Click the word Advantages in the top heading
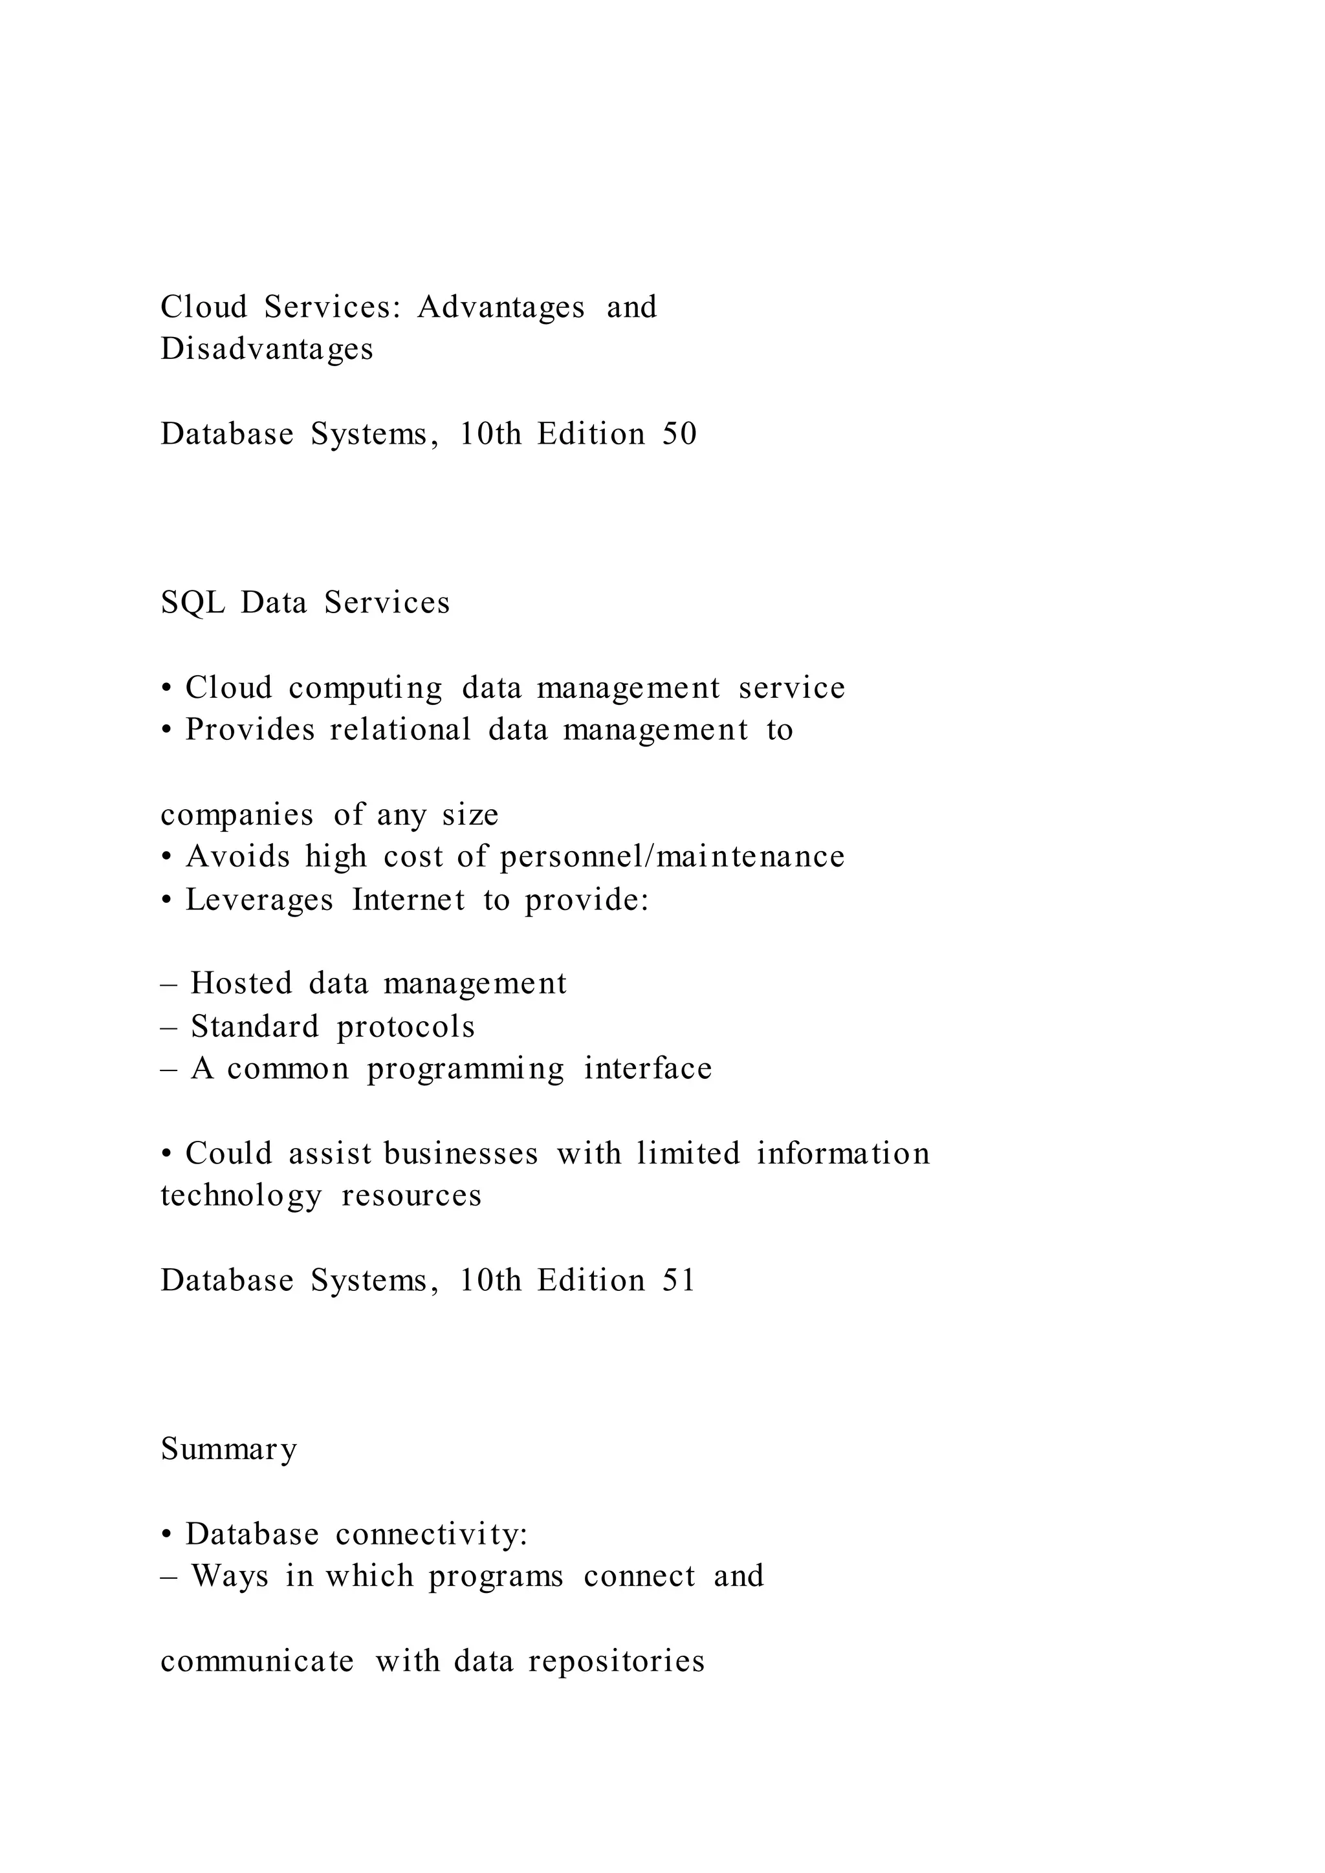pyautogui.click(x=501, y=308)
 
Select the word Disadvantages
pyautogui.click(x=267, y=349)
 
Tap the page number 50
pyautogui.click(x=679, y=434)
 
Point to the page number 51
pyautogui.click(x=678, y=1281)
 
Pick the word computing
pyautogui.click(x=366, y=689)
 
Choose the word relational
pyautogui.click(x=400, y=730)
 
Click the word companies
pyautogui.click(x=237, y=815)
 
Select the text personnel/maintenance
pyautogui.click(x=672, y=856)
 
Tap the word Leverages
pyautogui.click(x=259, y=900)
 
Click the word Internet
pyautogui.click(x=409, y=900)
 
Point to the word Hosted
pyautogui.click(x=241, y=984)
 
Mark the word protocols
pyautogui.click(x=406, y=1027)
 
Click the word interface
pyautogui.click(x=648, y=1068)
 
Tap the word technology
pyautogui.click(x=241, y=1196)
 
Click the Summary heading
pyautogui.click(x=229, y=1449)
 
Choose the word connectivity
pyautogui.click(x=432, y=1535)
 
